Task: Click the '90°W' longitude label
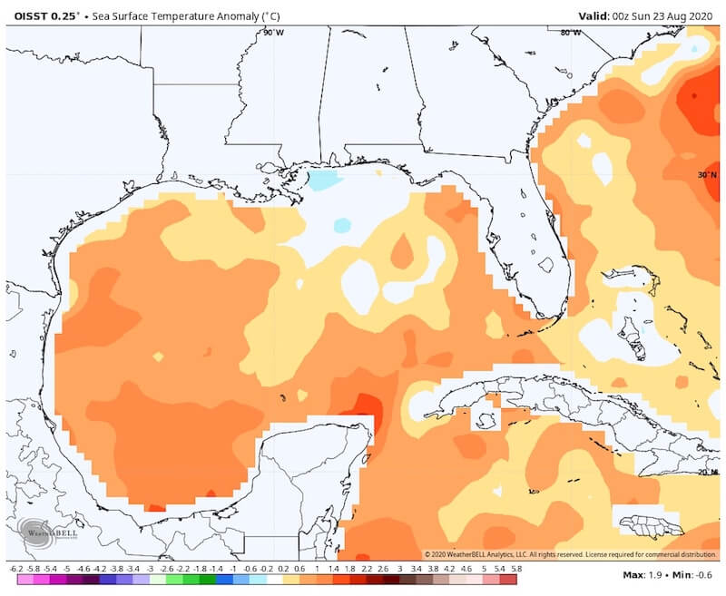pyautogui.click(x=272, y=32)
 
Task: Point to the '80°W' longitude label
pyautogui.click(x=570, y=32)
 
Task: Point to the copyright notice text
pyautogui.click(x=572, y=554)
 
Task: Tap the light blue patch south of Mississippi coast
pyautogui.click(x=322, y=180)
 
